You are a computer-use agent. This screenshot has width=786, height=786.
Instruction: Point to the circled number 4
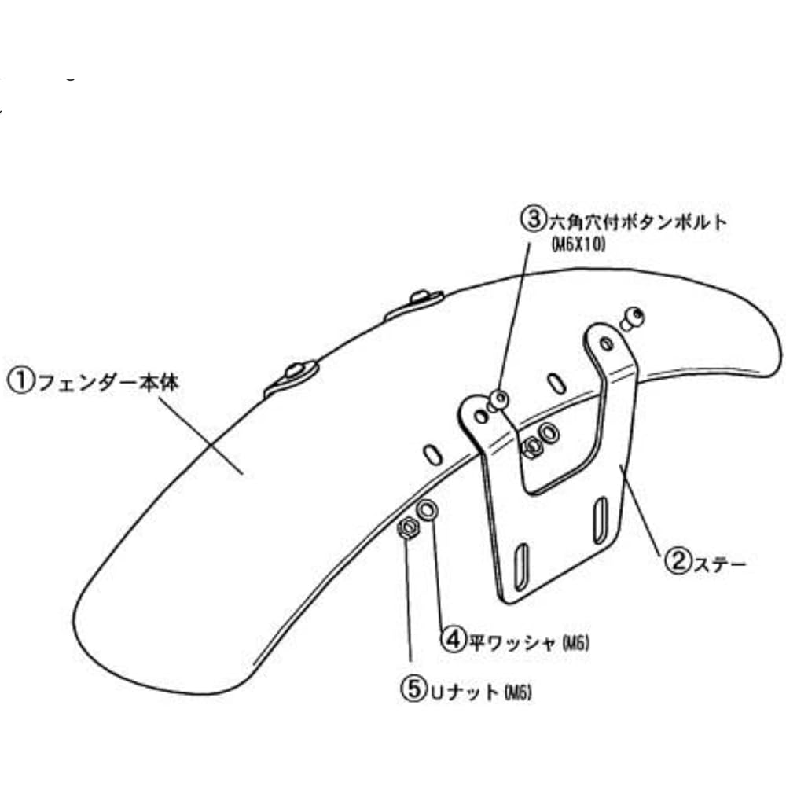click(454, 639)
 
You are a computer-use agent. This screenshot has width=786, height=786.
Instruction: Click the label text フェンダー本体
click(108, 383)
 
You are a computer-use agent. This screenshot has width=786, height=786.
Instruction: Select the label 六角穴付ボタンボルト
click(637, 222)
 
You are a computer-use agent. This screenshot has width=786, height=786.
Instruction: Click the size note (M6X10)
click(578, 244)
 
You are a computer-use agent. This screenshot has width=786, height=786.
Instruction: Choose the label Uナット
click(465, 692)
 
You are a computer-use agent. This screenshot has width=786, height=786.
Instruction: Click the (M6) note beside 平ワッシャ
click(575, 643)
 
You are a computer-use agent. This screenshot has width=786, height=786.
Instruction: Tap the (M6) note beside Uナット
click(518, 692)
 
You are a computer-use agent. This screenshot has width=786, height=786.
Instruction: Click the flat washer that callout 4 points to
click(427, 511)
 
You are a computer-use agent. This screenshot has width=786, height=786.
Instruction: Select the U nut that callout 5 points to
click(408, 528)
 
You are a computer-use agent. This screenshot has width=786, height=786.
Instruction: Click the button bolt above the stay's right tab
click(632, 319)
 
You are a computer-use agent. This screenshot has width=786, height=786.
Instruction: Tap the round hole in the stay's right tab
click(606, 344)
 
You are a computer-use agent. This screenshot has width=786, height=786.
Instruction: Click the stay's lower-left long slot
click(521, 566)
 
